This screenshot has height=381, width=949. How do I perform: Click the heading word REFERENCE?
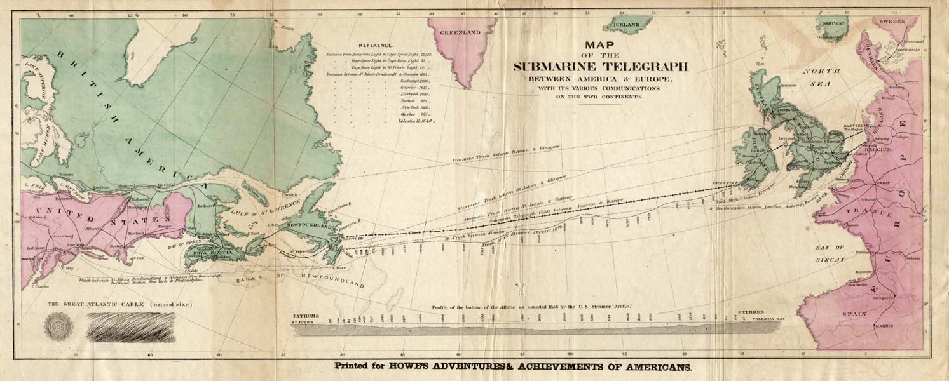(376, 46)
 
